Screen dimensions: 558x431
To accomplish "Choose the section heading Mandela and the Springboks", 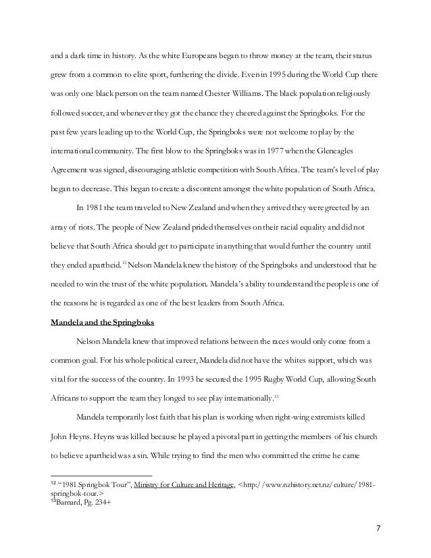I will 101,322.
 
